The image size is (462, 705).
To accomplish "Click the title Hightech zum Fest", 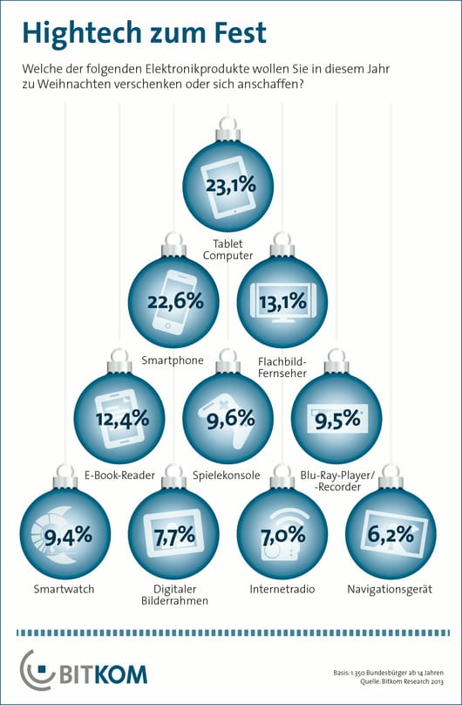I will [144, 33].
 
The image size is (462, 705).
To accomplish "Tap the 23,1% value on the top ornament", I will [230, 186].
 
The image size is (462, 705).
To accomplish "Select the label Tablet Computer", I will [228, 250].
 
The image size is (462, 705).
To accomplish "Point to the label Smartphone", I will [172, 359].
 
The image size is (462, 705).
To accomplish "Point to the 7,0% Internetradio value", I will [282, 535].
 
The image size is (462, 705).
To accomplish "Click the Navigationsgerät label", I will [390, 590].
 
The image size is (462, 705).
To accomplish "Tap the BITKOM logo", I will [84, 672].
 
